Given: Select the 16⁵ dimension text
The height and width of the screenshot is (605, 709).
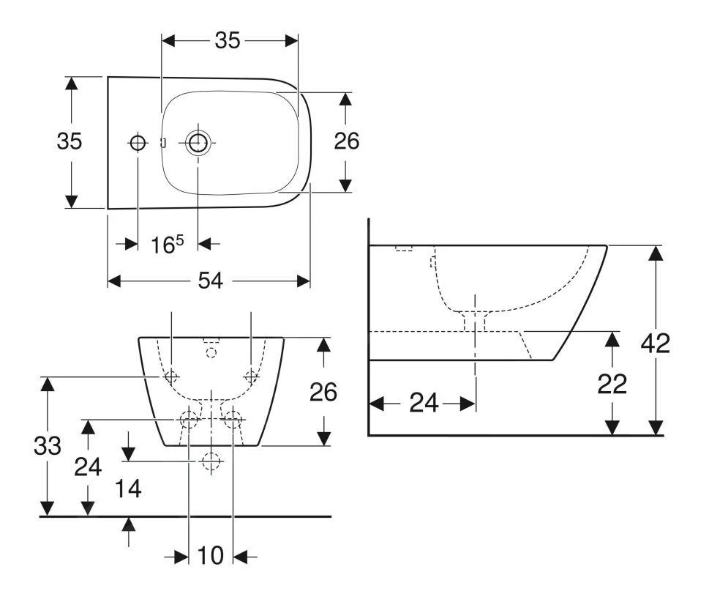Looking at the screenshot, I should [x=167, y=244].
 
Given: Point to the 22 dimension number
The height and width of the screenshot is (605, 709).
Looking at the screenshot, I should [x=612, y=385].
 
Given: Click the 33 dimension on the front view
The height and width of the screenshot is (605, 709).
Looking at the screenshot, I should [x=48, y=446].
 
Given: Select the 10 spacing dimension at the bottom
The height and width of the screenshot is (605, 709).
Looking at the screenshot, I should [x=210, y=557].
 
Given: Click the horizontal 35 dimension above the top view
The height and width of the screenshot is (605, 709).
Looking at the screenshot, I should [x=228, y=41].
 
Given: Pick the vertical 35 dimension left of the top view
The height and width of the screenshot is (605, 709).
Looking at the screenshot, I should [x=70, y=141].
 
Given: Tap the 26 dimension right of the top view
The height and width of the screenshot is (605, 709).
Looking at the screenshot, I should [x=346, y=141].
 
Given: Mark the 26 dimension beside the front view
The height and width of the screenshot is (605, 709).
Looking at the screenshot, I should [x=322, y=393].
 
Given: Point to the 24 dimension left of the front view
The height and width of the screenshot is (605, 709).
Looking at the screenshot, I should [x=89, y=467].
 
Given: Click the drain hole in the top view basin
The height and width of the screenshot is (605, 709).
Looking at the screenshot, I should [x=198, y=143].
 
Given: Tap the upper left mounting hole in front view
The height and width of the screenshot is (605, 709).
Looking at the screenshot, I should [x=171, y=377].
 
